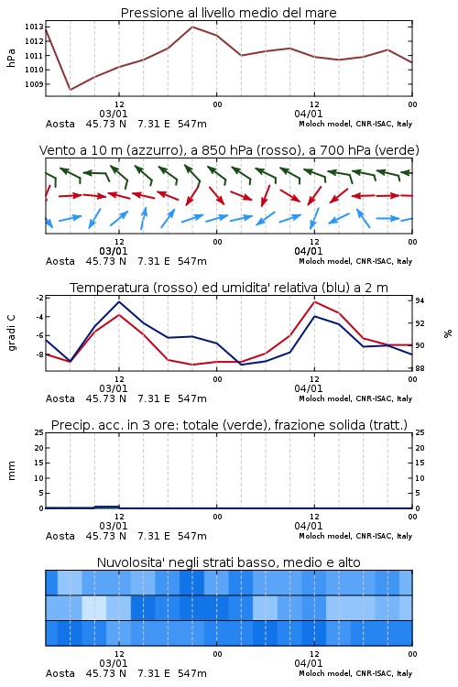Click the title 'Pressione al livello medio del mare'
pos(228,13)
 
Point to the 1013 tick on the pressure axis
pos(34,27)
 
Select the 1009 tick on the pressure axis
pos(34,84)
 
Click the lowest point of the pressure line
pos(71,90)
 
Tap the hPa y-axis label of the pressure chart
pos(11,58)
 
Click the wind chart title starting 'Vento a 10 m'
pos(229,150)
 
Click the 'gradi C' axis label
pos(11,333)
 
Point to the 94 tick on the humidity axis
pos(420,300)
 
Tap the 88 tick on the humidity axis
pos(420,368)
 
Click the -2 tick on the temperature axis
pos(39,298)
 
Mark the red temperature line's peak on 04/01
pos(314,301)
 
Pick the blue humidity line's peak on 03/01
pos(119,301)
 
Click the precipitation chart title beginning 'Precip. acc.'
pos(229,425)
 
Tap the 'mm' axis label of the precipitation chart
pos(11,471)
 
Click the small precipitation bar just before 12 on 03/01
pos(107,507)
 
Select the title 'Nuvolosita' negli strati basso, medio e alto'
pos(228,562)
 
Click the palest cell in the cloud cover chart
pos(94,607)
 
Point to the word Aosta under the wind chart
pos(60,262)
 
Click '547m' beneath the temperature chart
pos(192,398)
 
